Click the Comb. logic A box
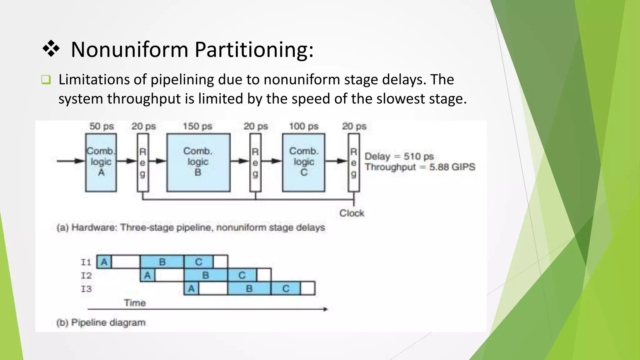(101, 162)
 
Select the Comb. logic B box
(198, 162)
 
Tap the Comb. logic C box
(303, 162)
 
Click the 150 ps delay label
(197, 126)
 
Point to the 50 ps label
(102, 126)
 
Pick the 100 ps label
(303, 126)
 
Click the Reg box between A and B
(143, 162)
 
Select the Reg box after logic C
(354, 162)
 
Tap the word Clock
(352, 213)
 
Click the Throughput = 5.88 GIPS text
(420, 167)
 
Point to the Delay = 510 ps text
(399, 156)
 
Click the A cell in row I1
(104, 262)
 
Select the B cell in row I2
(205, 275)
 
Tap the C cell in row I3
(286, 288)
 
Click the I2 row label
(86, 276)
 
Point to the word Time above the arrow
(135, 303)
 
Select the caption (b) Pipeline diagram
(101, 322)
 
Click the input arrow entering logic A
(70, 161)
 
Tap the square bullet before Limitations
(46, 80)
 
